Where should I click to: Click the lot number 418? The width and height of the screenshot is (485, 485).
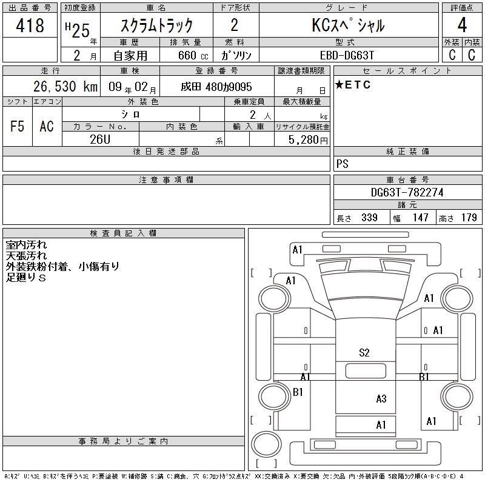[30, 25]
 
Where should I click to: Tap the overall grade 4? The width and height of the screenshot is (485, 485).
[462, 25]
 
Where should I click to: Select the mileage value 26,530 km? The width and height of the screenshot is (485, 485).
[65, 86]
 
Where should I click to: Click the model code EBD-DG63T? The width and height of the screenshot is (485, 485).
[347, 55]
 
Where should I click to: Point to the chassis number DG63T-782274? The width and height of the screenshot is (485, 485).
[407, 192]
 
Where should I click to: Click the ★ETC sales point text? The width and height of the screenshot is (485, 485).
[353, 84]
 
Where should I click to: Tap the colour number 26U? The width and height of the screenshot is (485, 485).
[100, 139]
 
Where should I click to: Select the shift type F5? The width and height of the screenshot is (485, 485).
[17, 126]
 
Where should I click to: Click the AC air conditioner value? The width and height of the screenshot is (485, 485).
[47, 126]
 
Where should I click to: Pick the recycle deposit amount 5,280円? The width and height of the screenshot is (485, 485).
[308, 140]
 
